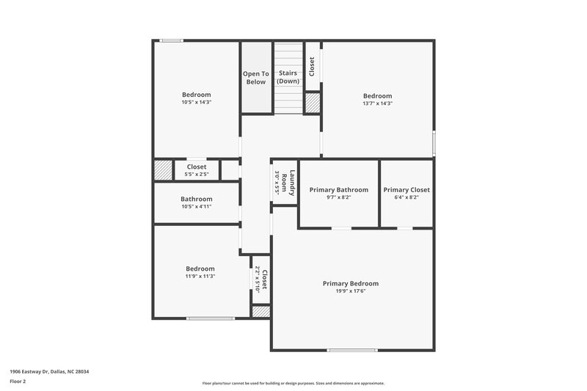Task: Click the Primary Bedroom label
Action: coord(351,283)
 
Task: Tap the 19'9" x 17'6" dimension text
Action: coord(351,291)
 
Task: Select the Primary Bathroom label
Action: coord(338,190)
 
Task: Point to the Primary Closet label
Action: coord(406,190)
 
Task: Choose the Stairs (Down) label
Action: coord(288,78)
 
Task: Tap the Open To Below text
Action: coord(256,78)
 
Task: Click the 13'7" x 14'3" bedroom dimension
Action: coord(378,103)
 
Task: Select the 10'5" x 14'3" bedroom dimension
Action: coord(197,102)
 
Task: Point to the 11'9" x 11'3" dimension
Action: coord(200,277)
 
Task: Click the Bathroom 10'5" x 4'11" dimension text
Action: coord(197,207)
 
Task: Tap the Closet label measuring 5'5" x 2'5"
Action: coord(197,167)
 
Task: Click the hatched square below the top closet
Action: coord(313,102)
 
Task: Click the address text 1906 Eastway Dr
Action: coord(50,372)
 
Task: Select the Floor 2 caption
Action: coord(18,381)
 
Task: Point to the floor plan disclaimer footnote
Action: coord(293,383)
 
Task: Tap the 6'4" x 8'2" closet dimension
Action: coord(406,197)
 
